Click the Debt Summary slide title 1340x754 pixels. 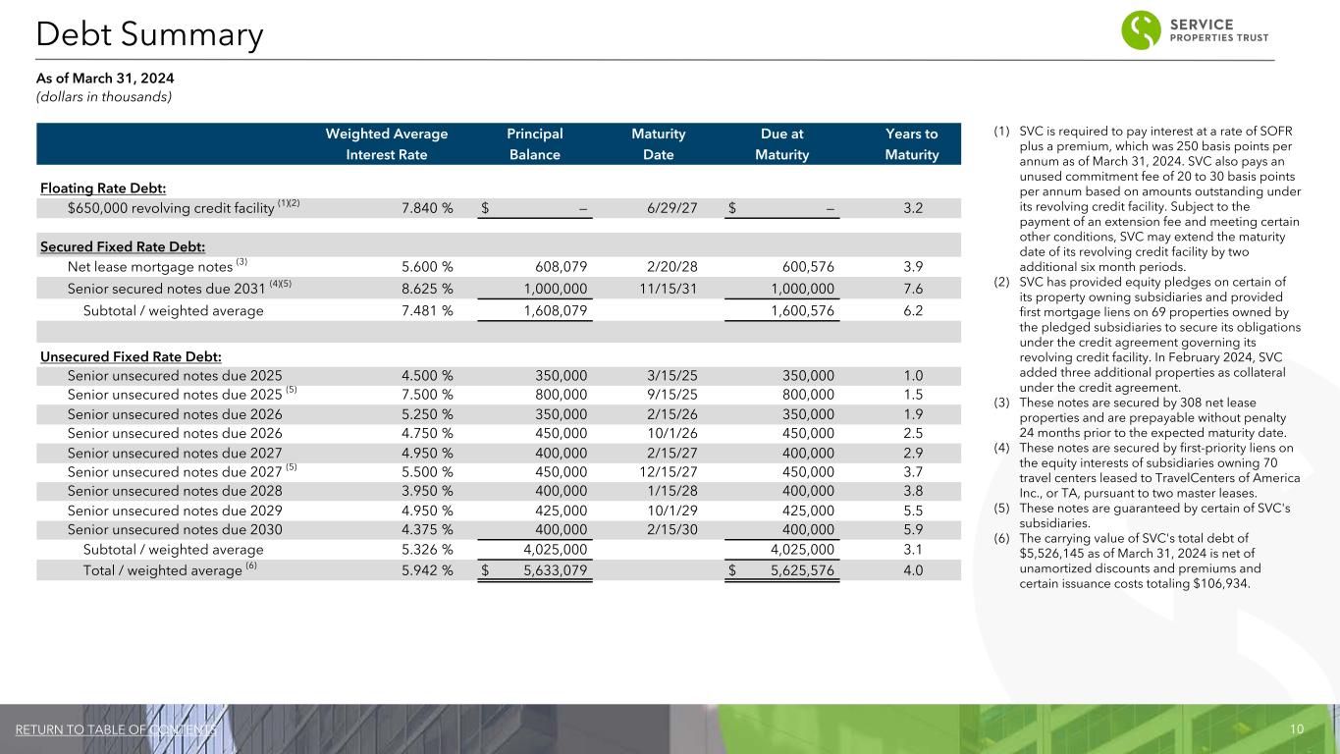149,35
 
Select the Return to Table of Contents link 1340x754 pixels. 116,729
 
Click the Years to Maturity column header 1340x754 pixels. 911,144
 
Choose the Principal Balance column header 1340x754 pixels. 534,144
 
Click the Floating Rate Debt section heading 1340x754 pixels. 102,188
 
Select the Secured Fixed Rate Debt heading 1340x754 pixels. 122,245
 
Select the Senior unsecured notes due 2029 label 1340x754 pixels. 175,511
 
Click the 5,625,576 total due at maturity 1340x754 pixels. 797,569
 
